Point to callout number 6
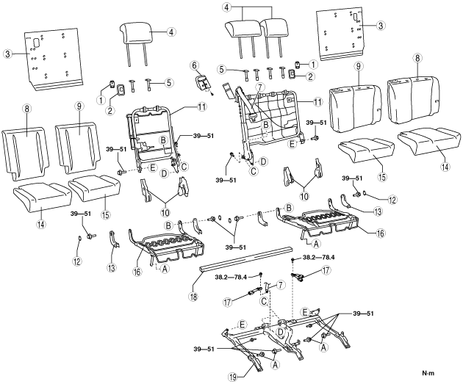click(x=195, y=65)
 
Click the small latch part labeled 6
click(x=202, y=82)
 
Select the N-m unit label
click(x=438, y=375)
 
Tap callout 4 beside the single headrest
click(x=171, y=32)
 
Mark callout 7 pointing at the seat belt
click(x=259, y=87)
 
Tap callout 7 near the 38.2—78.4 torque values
click(x=269, y=284)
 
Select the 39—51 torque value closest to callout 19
click(x=205, y=347)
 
